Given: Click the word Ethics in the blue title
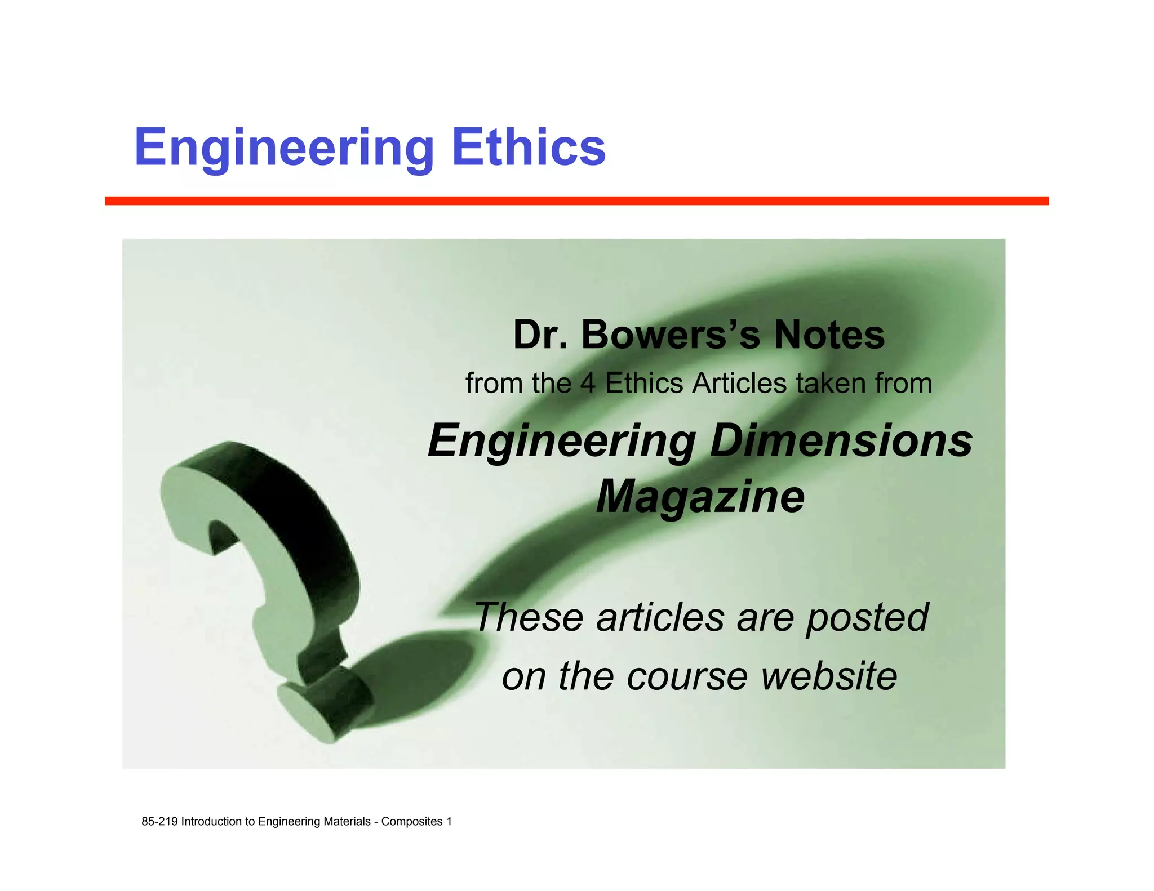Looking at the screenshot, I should tap(529, 148).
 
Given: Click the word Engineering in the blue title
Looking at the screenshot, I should tap(284, 148).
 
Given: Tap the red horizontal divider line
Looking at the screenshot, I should tap(576, 201).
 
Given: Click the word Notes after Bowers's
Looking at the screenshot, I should tap(829, 335).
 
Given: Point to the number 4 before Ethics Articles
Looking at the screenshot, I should tap(587, 384).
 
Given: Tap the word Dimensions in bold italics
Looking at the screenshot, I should tap(841, 440).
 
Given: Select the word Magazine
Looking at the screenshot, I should tap(700, 497).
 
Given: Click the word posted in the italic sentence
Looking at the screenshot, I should tap(867, 618).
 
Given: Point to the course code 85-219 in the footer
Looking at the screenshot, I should tap(160, 822).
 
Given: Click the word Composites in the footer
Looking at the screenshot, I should tap(412, 822).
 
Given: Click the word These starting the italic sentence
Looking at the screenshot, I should tap(529, 618).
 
